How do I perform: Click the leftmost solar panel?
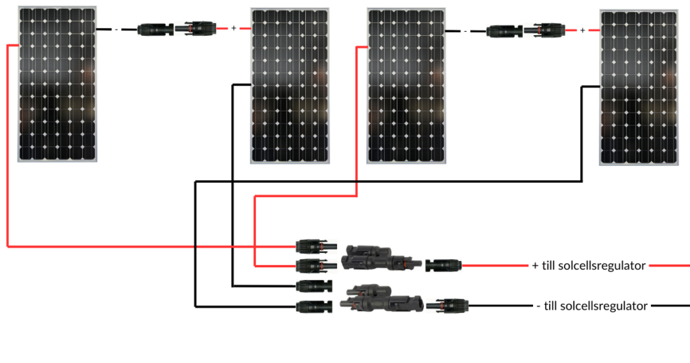57,84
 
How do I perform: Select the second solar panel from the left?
290,86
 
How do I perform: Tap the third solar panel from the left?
406,86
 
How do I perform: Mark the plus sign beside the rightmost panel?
583,30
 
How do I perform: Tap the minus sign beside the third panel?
465,30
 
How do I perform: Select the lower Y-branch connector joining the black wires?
378,299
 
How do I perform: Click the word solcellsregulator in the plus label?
602,266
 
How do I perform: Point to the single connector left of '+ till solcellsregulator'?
444,266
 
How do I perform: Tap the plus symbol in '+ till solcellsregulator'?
536,266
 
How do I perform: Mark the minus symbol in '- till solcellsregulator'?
539,306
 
